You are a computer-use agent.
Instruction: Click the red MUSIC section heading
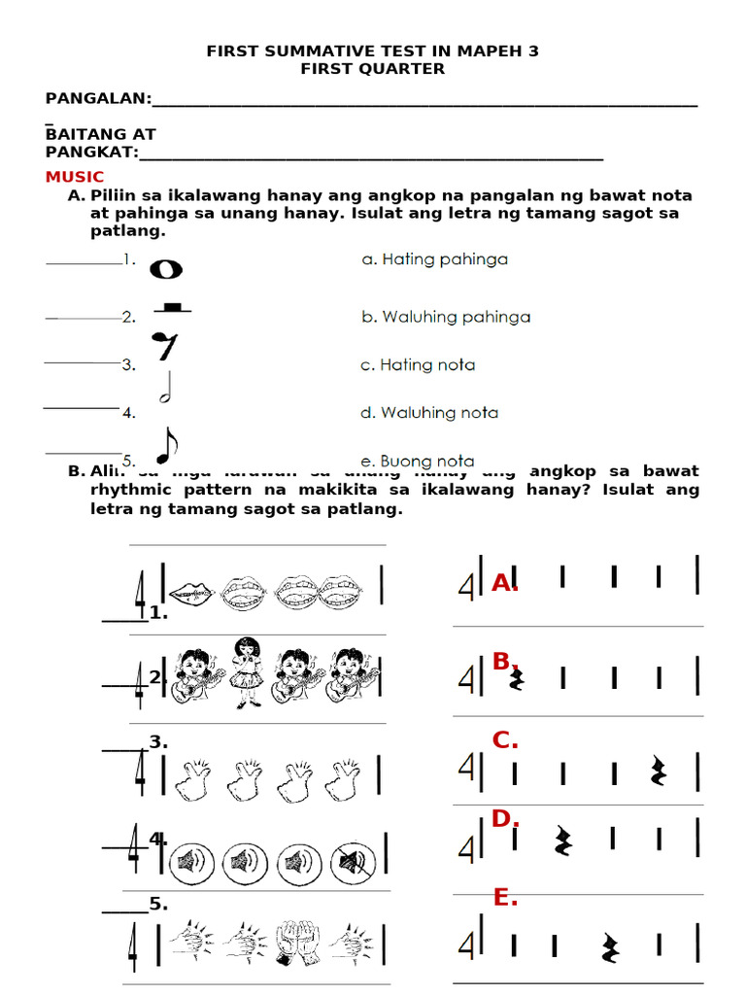pos(75,177)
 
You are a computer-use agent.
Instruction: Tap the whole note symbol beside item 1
pos(165,269)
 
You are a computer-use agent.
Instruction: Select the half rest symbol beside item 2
pos(171,308)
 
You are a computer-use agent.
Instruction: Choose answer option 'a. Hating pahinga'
pos(434,259)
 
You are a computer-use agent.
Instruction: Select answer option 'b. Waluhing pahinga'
pos(446,317)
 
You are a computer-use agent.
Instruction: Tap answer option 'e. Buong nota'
pos(418,461)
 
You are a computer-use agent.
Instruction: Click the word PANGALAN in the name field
pos(98,98)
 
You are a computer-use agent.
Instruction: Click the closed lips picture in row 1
pos(191,590)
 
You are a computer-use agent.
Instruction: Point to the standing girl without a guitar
pos(246,671)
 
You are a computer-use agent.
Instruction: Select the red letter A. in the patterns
pos(504,583)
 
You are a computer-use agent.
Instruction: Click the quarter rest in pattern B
pos(518,677)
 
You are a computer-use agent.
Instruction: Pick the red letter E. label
pos(504,899)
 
